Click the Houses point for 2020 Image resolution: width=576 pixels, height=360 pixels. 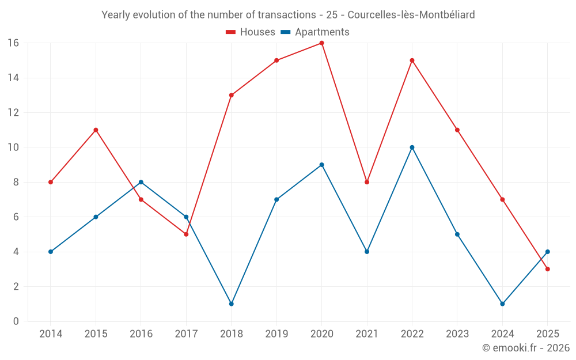click(x=321, y=43)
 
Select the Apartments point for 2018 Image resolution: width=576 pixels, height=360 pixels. click(x=231, y=304)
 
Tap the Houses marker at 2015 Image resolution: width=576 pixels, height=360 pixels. click(x=96, y=130)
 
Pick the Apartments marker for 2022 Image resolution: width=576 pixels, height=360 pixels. click(x=412, y=147)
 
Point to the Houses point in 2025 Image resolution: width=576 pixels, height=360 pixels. click(x=547, y=269)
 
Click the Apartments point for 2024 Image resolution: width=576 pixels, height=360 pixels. click(x=502, y=304)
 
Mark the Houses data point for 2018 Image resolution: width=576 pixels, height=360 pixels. click(x=231, y=95)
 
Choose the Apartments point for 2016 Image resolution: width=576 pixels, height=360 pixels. click(x=141, y=182)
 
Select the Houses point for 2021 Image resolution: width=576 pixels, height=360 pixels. click(x=367, y=182)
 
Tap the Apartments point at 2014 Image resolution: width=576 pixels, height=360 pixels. click(x=51, y=252)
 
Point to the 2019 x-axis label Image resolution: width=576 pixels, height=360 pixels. click(x=276, y=334)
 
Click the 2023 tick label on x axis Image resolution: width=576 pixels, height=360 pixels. click(x=457, y=334)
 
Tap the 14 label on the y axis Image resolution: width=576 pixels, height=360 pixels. click(x=13, y=78)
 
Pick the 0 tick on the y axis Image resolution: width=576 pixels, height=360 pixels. click(x=16, y=321)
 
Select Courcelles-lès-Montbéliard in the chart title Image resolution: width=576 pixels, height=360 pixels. click(x=408, y=15)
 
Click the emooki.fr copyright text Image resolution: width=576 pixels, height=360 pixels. click(x=526, y=348)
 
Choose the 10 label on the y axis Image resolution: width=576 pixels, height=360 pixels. click(x=13, y=147)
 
